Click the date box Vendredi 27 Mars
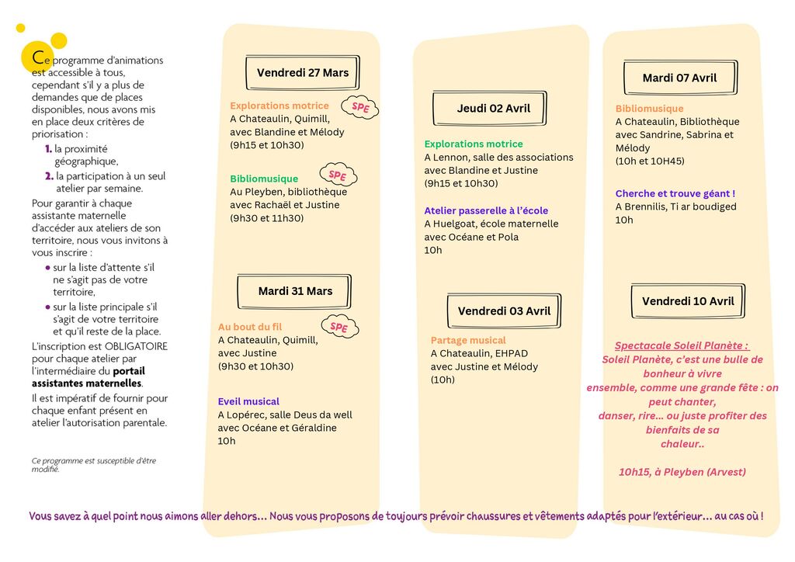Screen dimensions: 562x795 (303, 73)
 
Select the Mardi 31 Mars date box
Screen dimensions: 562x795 (295, 291)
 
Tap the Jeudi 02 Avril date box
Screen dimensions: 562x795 (493, 109)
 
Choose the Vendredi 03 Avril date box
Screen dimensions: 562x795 (504, 311)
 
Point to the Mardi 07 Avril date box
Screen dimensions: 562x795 (679, 78)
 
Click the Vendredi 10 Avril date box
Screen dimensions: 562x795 (687, 301)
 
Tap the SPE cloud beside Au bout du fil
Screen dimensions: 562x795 (338, 328)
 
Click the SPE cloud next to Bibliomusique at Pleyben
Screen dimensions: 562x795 (338, 175)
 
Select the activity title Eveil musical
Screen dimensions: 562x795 (248, 401)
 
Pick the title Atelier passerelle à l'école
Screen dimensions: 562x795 (486, 210)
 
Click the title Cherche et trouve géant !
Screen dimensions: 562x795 (675, 193)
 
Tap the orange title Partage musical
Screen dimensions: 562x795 (467, 340)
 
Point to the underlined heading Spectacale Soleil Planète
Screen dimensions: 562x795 (682, 345)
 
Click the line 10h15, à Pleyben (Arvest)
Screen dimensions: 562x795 (682, 472)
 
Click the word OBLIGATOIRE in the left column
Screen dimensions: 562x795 (130, 346)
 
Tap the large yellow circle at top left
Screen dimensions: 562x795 (58, 40)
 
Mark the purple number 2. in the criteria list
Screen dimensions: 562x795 (49, 176)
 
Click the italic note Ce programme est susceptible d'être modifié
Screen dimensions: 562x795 (93, 464)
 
